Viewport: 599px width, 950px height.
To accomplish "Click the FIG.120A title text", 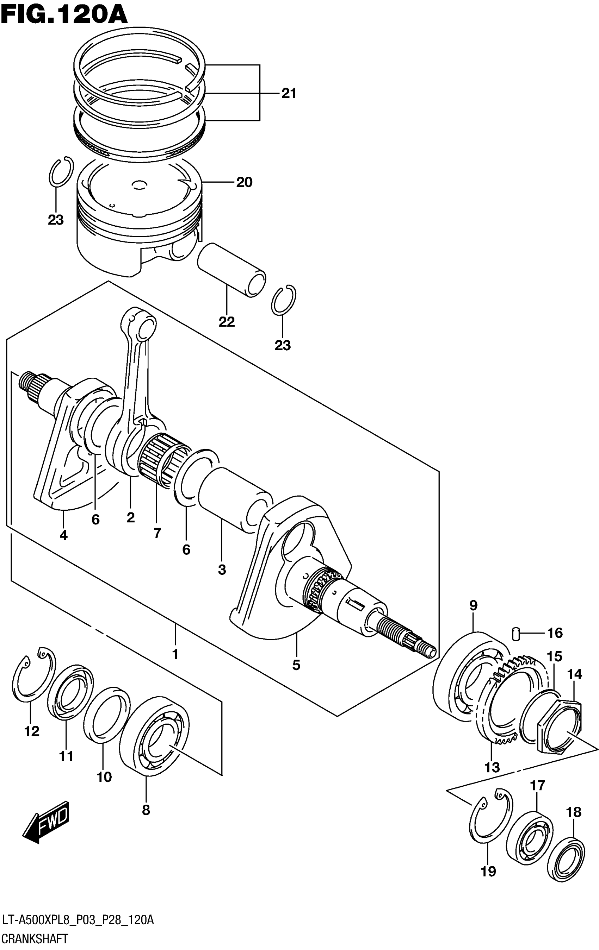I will coord(64,15).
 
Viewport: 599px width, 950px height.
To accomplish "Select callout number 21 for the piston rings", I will coord(288,94).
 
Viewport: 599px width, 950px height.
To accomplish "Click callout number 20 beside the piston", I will coord(244,182).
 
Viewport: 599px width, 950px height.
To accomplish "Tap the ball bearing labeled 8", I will coord(154,734).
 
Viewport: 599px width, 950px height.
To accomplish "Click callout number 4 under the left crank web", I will coord(63,535).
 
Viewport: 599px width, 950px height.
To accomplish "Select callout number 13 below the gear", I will coord(492,767).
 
